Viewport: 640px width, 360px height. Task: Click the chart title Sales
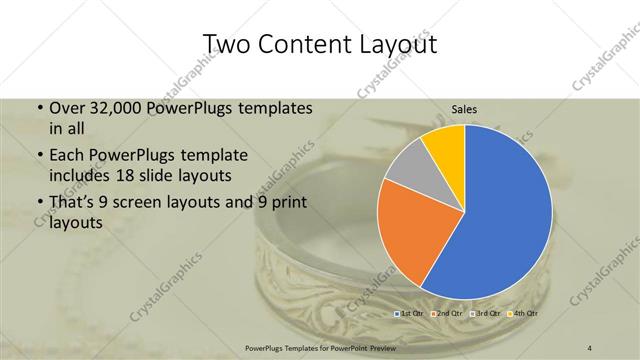point(465,109)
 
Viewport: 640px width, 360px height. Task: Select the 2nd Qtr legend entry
point(447,314)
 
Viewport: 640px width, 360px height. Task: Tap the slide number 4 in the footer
point(590,346)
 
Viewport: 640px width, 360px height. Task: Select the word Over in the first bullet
point(67,107)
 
